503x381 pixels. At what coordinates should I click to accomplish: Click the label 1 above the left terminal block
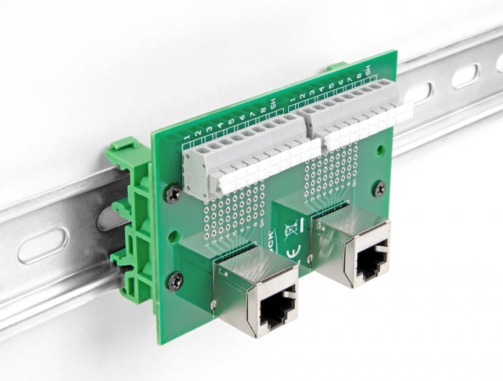click(188, 137)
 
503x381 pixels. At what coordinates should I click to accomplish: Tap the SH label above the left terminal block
click(274, 104)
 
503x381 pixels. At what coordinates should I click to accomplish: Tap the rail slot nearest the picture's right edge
click(465, 76)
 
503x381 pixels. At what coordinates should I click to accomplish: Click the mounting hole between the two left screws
click(172, 235)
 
